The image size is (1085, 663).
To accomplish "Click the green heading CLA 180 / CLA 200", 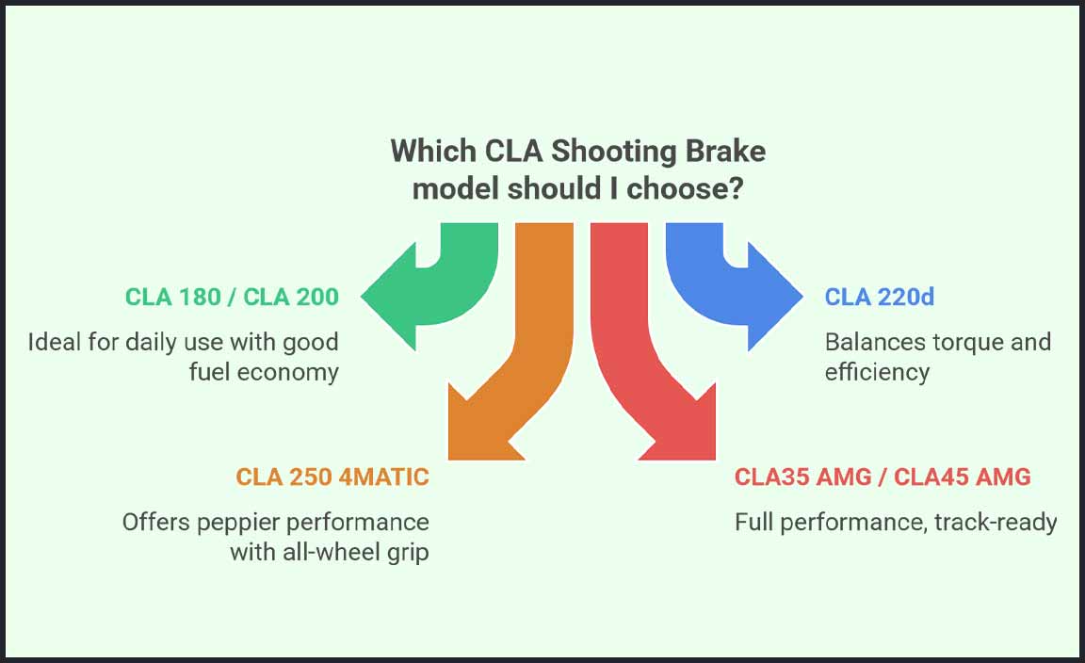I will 232,297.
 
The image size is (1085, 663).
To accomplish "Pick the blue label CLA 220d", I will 879,297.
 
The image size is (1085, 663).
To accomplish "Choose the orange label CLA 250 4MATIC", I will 332,477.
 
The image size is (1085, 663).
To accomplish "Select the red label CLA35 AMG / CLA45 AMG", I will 883,477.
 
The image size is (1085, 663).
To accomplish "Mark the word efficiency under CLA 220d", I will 877,372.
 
